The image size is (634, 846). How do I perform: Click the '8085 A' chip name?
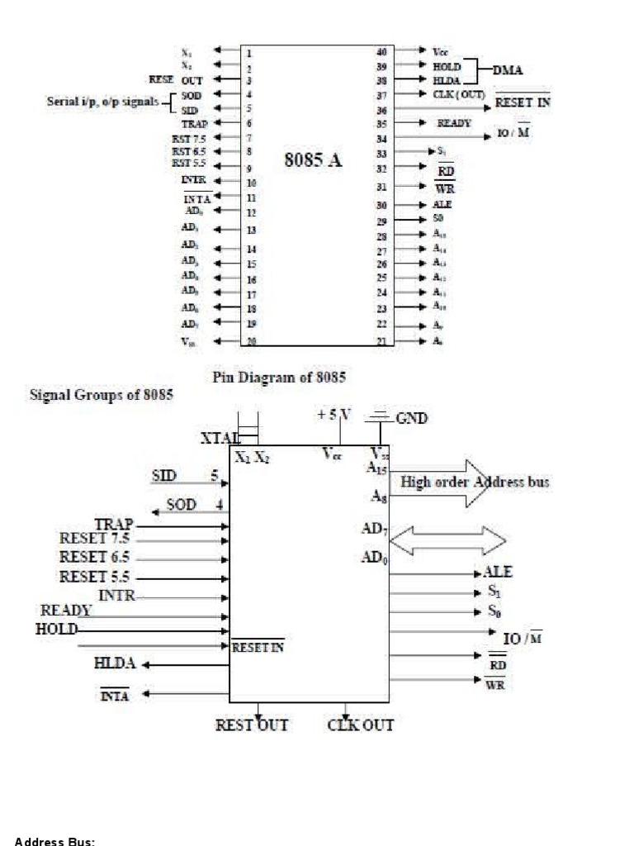point(313,160)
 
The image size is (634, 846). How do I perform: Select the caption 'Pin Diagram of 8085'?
point(279,378)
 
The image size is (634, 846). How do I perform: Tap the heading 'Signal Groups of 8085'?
point(102,394)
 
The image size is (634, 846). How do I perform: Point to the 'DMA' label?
point(508,70)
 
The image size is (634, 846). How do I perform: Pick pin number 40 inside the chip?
point(381,51)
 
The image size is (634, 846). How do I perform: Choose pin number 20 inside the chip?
point(249,340)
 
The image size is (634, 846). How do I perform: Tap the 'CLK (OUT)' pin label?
point(458,94)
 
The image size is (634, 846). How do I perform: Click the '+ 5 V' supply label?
point(334,415)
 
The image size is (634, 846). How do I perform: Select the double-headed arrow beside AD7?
point(447,540)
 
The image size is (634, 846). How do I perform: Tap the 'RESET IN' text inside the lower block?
point(258,648)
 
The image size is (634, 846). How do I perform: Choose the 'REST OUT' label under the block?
point(252,725)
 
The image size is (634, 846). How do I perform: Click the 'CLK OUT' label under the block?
point(361,725)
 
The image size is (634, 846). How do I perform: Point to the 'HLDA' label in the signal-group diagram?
point(115,663)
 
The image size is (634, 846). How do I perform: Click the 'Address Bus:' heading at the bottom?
point(54,841)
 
